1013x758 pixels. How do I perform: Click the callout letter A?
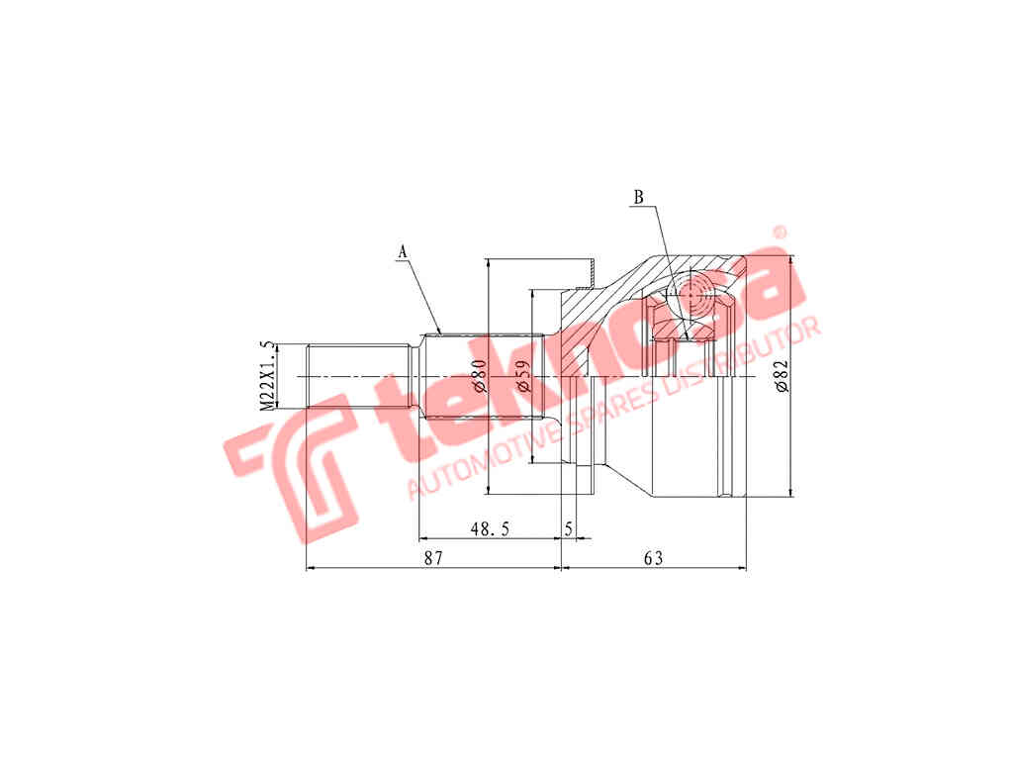click(x=403, y=252)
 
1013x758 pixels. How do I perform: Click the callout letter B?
click(x=638, y=197)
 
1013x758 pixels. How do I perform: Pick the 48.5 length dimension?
click(x=490, y=529)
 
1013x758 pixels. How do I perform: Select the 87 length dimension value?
click(x=433, y=558)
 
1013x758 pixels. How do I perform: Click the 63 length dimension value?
click(x=653, y=558)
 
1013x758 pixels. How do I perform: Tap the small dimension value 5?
click(x=569, y=529)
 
